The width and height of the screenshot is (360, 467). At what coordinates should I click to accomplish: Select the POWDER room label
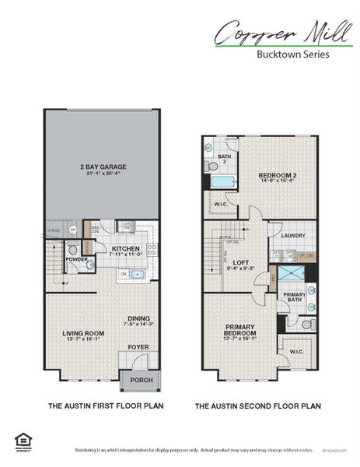pyautogui.click(x=76, y=259)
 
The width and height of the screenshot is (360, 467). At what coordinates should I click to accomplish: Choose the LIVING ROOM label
pyautogui.click(x=83, y=333)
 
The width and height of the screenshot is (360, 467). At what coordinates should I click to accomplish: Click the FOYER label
pyautogui.click(x=138, y=346)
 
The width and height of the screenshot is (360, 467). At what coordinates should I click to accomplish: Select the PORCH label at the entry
pyautogui.click(x=141, y=381)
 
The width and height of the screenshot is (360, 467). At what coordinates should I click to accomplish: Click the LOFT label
pyautogui.click(x=242, y=262)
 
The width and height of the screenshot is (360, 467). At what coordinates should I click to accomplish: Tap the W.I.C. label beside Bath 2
pyautogui.click(x=220, y=204)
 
